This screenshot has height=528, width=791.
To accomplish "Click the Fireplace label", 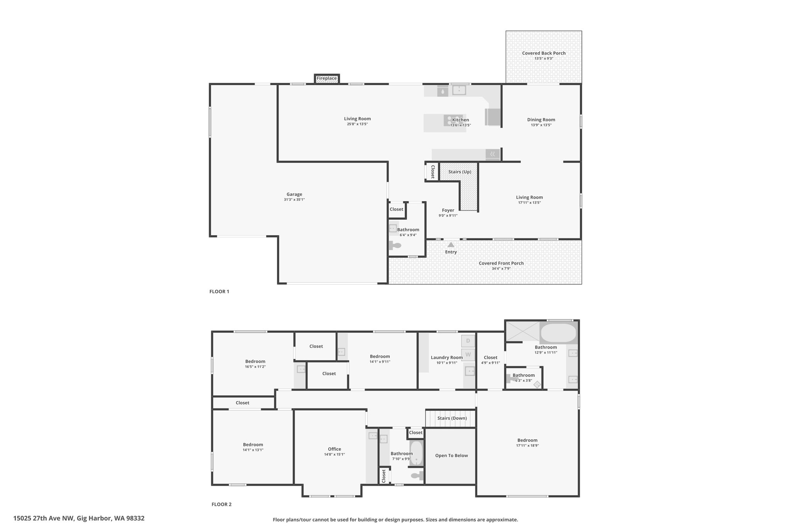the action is pos(327,79).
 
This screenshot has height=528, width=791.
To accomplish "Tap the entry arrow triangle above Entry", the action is pos(451,244).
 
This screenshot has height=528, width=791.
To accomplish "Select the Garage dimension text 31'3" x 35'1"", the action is pos(294,200).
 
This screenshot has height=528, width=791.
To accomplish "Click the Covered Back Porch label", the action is pos(544,53).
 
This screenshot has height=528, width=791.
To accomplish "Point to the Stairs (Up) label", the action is pos(460,172).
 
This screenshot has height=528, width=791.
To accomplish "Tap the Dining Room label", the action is pos(541,120).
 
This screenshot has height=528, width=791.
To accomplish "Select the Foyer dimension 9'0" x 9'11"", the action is pos(448,215).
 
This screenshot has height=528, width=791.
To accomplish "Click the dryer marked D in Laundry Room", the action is pos(468,341).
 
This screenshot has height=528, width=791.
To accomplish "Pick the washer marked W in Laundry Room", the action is pos(468,354).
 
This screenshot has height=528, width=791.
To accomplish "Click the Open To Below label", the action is pos(452,456).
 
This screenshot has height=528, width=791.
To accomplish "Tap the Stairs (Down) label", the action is pos(452,418).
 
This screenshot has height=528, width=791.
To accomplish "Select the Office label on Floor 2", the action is pos(334,449).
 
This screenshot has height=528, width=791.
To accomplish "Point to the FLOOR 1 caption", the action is pos(219,292).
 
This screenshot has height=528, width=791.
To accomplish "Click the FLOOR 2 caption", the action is pos(222,504).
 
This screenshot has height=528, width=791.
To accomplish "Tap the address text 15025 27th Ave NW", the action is pos(44,518).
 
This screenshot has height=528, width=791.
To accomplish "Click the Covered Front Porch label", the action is pos(501,263).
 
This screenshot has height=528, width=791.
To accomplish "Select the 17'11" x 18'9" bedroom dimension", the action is pos(528,446).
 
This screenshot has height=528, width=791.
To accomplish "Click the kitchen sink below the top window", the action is pos(459,90).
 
